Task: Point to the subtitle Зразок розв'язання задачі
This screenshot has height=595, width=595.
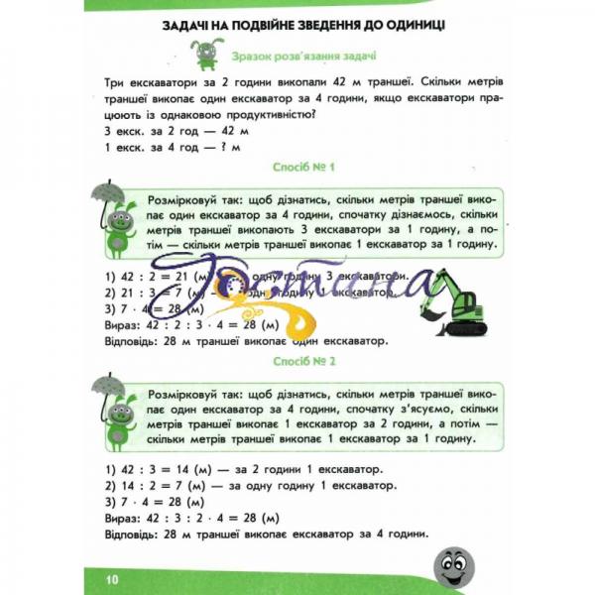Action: [308, 57]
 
